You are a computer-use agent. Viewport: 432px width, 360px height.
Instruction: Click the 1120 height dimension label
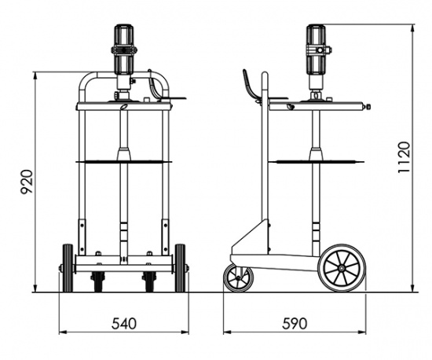point(404,157)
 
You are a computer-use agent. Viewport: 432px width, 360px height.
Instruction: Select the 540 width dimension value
point(123,323)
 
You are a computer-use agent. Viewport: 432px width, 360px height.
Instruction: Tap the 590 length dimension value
point(295,323)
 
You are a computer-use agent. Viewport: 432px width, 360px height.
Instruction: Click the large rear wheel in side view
point(342,266)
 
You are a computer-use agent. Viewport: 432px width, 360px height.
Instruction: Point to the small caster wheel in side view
point(238,277)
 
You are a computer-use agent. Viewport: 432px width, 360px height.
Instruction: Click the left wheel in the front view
point(68,267)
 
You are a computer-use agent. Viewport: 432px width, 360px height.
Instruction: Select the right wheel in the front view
point(180,267)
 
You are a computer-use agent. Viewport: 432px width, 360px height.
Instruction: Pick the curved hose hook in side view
point(251,86)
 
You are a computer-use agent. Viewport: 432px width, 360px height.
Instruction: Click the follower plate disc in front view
point(123,162)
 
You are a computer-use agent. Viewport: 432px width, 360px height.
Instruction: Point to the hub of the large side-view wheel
point(342,267)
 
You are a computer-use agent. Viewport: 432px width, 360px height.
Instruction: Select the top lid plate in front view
point(123,105)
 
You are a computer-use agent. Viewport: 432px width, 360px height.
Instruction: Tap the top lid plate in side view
point(318,105)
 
